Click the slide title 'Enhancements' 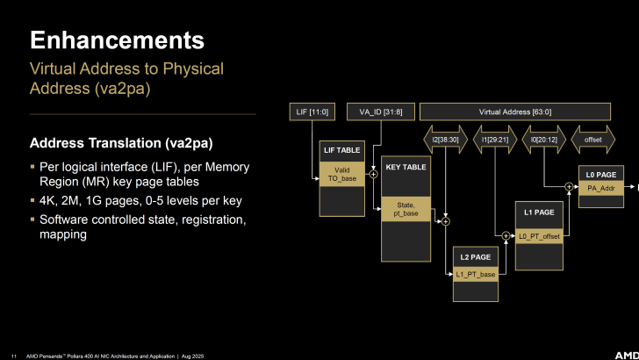[118, 40]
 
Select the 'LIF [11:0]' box [313, 112]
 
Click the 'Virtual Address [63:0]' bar [514, 112]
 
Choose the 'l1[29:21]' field [495, 139]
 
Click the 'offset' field [593, 139]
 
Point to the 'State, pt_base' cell [406, 208]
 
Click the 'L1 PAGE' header [537, 213]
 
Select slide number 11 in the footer [13, 355]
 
